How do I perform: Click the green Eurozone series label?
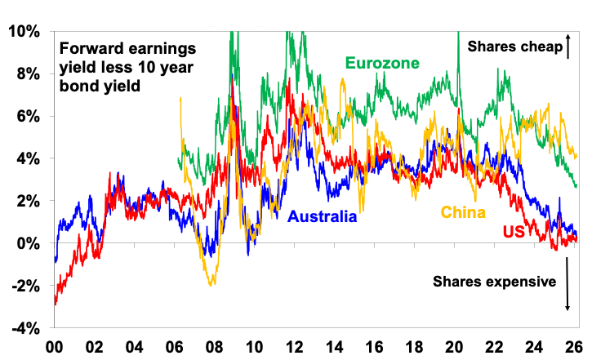pos(382,63)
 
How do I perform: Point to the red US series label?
pos(514,233)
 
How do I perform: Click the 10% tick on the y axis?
pos(22,31)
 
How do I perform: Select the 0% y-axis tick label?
pos(26,243)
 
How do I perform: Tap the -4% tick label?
pos(23,328)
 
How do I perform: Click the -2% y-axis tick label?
pos(23,286)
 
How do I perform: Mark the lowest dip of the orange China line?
pos(212,284)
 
